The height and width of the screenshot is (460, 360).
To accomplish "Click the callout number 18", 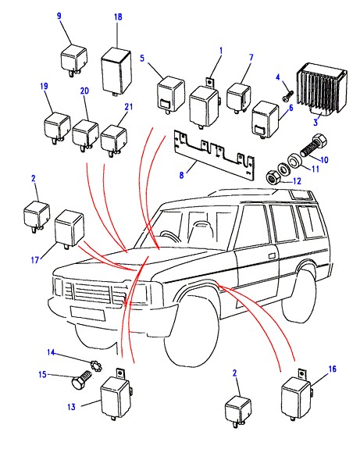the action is click(x=118, y=16).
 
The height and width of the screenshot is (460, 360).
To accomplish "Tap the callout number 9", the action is click(x=59, y=16).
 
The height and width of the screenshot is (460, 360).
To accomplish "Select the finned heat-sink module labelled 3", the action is click(x=322, y=90).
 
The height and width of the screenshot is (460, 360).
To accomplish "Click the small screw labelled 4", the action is click(x=288, y=95).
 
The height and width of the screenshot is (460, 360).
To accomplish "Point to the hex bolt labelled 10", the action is click(x=313, y=145).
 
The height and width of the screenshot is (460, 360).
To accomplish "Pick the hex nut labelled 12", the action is click(x=273, y=177).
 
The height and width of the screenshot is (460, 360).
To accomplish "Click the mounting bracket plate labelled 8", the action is click(x=215, y=155).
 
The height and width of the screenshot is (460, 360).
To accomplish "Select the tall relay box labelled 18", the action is click(x=116, y=72).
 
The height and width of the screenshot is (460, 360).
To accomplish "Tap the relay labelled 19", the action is click(x=57, y=128).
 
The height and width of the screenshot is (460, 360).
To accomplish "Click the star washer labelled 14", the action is click(x=96, y=366).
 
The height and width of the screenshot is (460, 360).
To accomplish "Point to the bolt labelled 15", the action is click(x=81, y=379).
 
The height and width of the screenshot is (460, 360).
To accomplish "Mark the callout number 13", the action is click(x=71, y=407).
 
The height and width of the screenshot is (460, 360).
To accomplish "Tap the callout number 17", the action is click(x=34, y=259).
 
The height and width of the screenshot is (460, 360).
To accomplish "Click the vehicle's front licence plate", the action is click(x=87, y=313).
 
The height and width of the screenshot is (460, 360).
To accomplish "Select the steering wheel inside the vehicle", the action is click(x=168, y=236).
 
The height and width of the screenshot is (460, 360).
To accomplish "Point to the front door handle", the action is click(x=272, y=255).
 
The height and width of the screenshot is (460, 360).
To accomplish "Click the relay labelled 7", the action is click(x=238, y=98).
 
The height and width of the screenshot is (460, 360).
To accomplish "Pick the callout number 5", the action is click(x=142, y=58).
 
